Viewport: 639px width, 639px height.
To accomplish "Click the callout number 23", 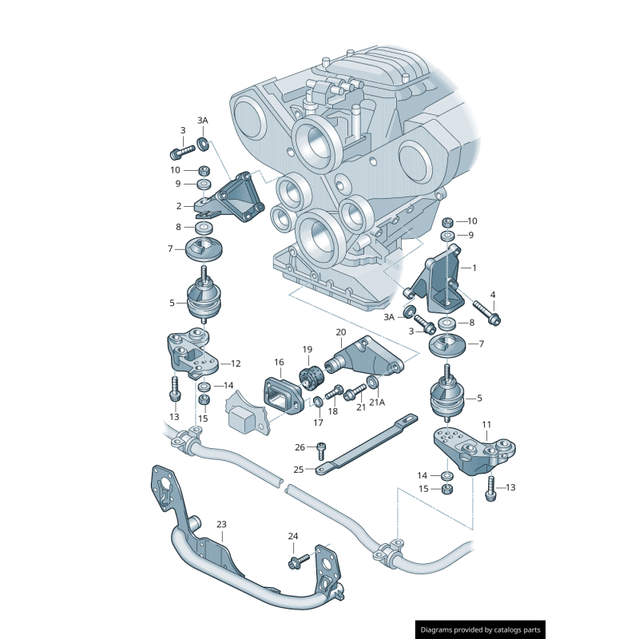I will tap(221, 524).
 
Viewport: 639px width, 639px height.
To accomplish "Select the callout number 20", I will tap(340, 331).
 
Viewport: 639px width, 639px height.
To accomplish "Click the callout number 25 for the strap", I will tap(299, 469).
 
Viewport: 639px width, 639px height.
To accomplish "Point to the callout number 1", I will tap(474, 268).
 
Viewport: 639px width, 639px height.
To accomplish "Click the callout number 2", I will tap(180, 206).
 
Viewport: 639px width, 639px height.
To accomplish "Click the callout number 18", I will tap(333, 411).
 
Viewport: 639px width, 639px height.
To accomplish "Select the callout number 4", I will tap(493, 295).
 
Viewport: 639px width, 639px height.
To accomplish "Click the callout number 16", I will tap(279, 362).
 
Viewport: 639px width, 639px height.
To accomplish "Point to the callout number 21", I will tap(361, 407).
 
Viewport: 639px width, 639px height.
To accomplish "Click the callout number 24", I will tap(293, 536).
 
